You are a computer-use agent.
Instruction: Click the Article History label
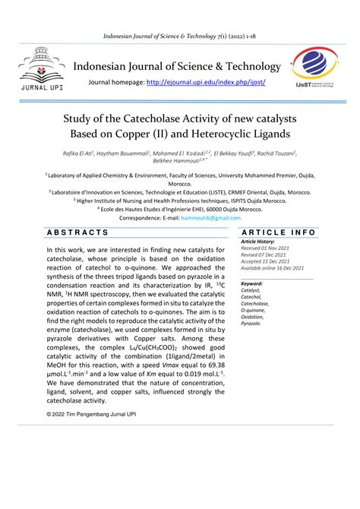261,242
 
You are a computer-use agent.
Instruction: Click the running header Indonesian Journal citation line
179,38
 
